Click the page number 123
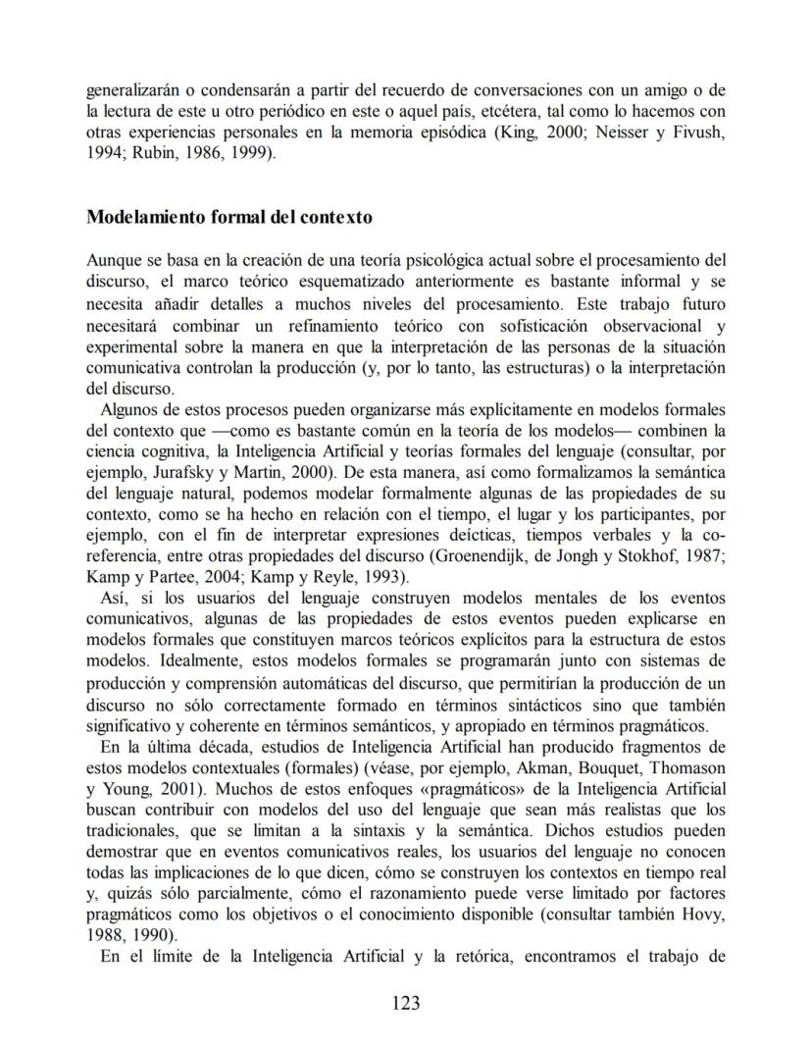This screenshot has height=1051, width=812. click(x=405, y=1002)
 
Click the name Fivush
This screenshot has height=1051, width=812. click(x=700, y=132)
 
